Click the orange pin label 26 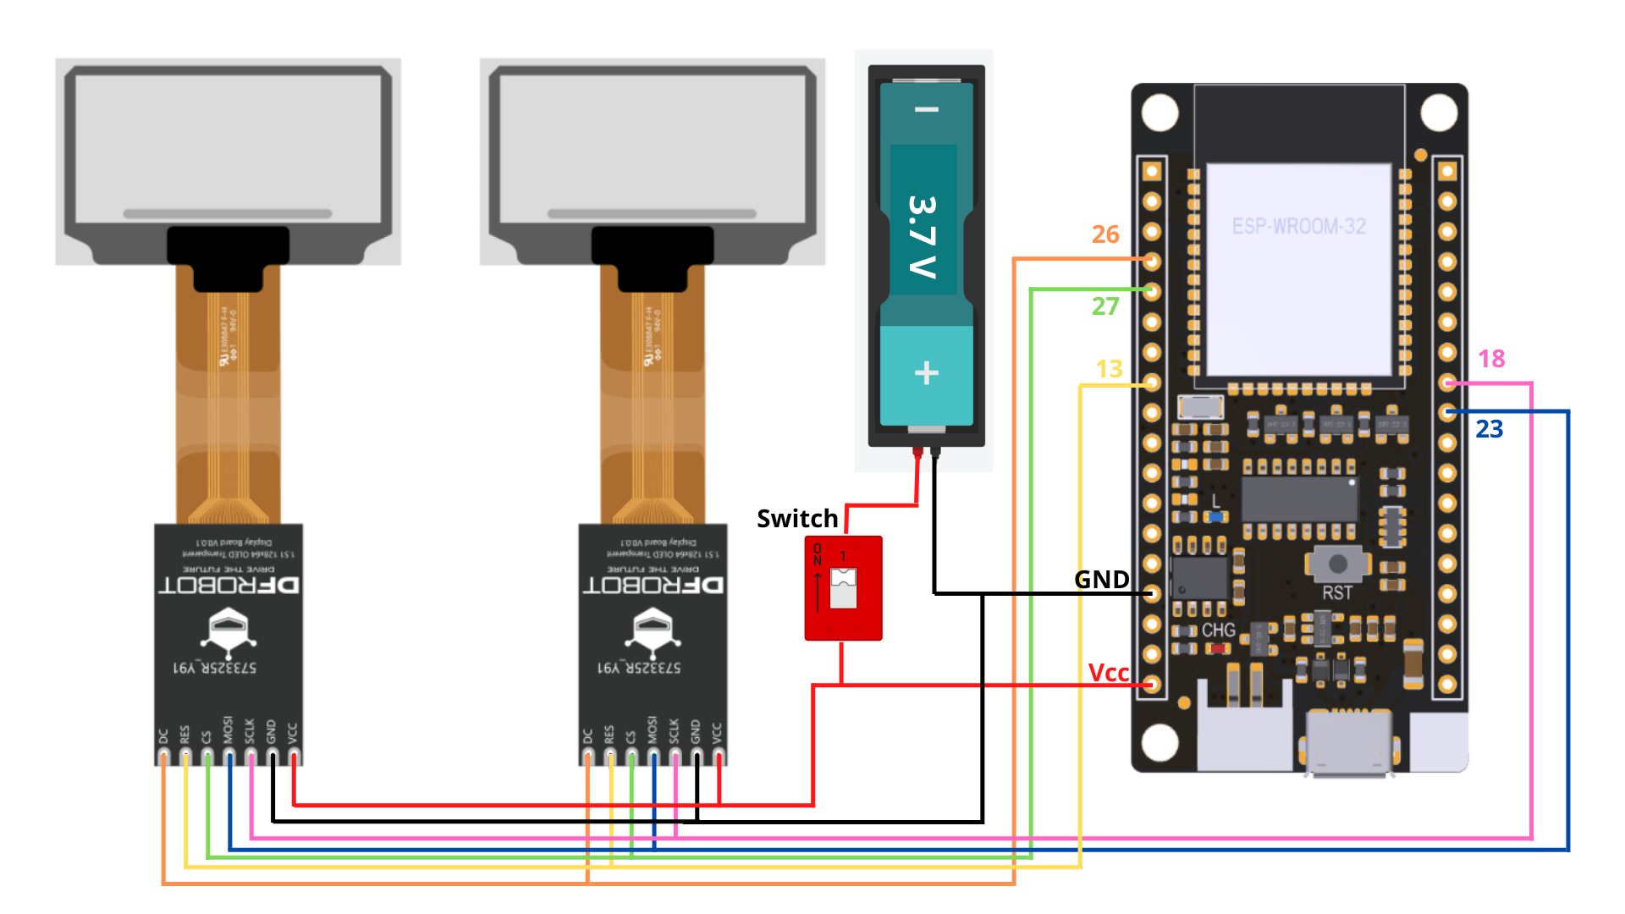(1104, 234)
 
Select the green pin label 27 (1104, 306)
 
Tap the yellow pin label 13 (1109, 369)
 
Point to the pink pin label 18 (1491, 359)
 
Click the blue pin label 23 (1489, 429)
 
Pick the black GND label (1101, 580)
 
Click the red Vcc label (1108, 673)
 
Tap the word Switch (796, 519)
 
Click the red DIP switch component (843, 588)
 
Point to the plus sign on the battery (927, 373)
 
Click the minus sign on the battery (927, 110)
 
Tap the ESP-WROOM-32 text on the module (1298, 227)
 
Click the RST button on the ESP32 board (1338, 564)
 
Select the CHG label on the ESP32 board (1218, 630)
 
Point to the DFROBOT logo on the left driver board (229, 585)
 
